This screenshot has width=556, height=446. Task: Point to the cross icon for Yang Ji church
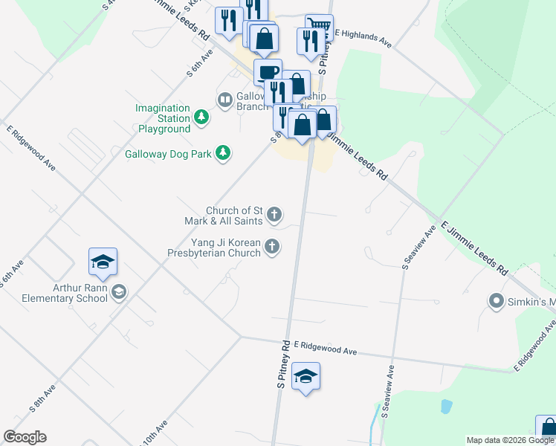(274, 247)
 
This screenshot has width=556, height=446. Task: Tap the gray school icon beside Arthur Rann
(119, 292)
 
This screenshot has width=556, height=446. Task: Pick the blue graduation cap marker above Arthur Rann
(103, 262)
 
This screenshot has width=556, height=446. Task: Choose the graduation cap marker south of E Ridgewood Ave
(306, 376)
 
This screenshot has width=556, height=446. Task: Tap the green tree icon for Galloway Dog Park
(222, 153)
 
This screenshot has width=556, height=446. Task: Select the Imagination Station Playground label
(163, 118)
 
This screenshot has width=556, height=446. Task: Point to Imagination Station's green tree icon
(201, 117)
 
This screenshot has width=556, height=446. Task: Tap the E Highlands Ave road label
(363, 39)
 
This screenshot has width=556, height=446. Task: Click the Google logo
(25, 437)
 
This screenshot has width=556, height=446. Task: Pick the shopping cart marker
(319, 27)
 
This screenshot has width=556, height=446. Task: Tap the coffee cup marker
(268, 72)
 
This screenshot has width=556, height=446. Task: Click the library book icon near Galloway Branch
(224, 100)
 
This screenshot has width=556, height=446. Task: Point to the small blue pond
(445, 407)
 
